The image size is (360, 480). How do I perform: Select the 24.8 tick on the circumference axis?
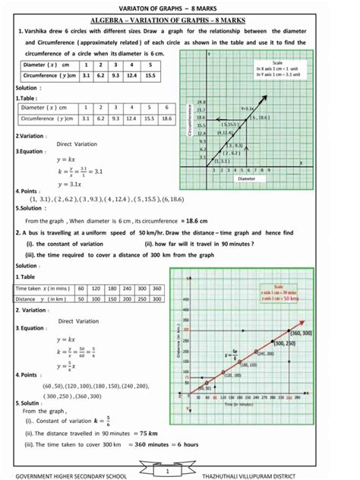[x=201, y=100]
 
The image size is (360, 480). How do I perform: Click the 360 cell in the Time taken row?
[x=156, y=289]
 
